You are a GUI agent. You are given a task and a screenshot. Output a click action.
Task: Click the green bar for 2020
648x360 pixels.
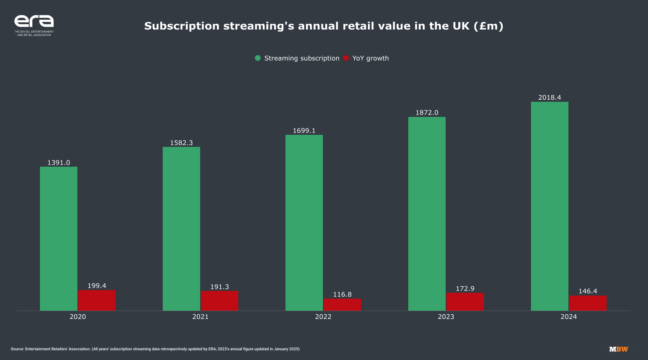click(x=59, y=239)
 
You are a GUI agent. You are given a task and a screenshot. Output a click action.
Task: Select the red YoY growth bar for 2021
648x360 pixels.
click(x=219, y=301)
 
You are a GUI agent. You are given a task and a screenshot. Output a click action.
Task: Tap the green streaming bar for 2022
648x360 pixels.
click(x=304, y=223)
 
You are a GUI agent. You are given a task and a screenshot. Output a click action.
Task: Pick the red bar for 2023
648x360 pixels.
click(x=465, y=302)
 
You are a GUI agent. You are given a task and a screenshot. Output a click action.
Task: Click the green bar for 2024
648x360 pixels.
click(x=550, y=206)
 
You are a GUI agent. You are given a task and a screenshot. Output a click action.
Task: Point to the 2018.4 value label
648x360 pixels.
click(x=550, y=98)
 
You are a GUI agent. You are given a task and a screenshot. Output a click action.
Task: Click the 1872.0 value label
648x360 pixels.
click(x=427, y=113)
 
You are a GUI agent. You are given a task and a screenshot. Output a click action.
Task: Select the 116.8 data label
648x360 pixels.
click(x=342, y=294)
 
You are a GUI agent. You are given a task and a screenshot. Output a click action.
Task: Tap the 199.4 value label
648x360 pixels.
click(x=97, y=286)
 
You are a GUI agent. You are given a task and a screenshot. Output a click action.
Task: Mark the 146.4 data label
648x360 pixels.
click(x=588, y=291)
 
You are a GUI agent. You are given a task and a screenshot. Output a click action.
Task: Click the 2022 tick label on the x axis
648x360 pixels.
click(x=323, y=317)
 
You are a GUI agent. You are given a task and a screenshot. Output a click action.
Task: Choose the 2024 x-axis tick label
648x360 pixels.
click(x=569, y=317)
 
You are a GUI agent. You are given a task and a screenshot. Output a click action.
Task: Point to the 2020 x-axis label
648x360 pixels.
click(x=78, y=317)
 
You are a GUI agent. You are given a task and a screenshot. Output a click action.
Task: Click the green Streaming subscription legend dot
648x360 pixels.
click(x=258, y=58)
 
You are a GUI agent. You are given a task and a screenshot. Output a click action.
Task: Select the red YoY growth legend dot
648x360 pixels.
click(x=346, y=58)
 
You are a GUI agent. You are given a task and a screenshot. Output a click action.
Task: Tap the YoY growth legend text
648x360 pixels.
click(x=370, y=58)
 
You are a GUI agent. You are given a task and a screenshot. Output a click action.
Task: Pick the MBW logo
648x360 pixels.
click(x=618, y=349)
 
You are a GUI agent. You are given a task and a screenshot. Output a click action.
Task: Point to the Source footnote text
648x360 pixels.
click(x=155, y=349)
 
